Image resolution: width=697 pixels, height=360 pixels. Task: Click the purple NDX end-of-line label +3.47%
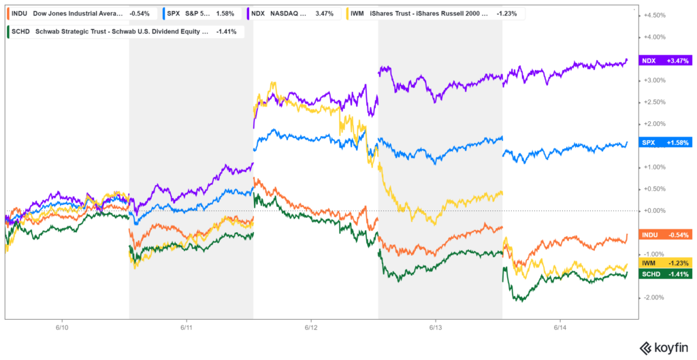click(x=666, y=61)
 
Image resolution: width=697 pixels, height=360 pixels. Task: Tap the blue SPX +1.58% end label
click(x=666, y=142)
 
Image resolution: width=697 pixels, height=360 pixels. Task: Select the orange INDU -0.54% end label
click(x=666, y=235)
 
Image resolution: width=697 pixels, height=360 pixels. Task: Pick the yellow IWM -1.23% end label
click(x=666, y=263)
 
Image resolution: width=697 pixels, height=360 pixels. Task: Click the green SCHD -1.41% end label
click(x=666, y=274)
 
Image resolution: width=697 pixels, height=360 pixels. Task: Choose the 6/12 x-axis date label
click(x=311, y=328)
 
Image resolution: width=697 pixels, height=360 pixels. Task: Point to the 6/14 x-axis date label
click(x=560, y=328)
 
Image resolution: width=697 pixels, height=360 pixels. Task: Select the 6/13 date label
click(x=436, y=328)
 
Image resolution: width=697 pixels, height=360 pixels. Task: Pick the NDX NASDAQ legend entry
click(x=293, y=13)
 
